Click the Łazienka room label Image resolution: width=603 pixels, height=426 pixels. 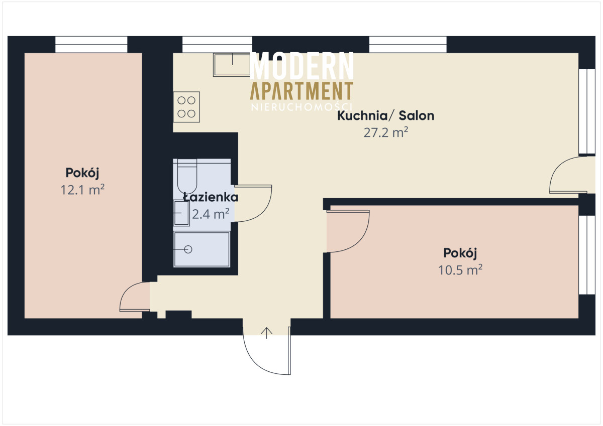point(211,197)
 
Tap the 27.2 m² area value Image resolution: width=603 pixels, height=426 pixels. point(386,132)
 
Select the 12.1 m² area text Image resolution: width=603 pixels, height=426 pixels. point(82,190)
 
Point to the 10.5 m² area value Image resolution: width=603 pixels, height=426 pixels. point(460,270)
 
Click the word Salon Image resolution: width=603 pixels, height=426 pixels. point(417,115)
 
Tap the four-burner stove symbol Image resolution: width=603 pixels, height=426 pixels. point(186,107)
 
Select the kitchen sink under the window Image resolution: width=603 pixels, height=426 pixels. point(232,65)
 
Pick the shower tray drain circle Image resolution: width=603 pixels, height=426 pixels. point(188,249)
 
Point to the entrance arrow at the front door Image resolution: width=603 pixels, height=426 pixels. point(266,333)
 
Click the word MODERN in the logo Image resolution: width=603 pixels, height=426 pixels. point(302,66)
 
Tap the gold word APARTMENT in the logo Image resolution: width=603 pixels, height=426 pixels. point(301,91)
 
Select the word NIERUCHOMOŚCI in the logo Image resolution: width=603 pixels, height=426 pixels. point(301,107)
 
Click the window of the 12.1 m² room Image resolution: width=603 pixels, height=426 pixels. point(91,45)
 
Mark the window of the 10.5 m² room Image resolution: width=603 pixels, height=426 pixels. point(587,255)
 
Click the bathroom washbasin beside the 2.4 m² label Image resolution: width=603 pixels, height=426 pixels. point(182,213)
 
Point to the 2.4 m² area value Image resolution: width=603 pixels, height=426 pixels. point(211,214)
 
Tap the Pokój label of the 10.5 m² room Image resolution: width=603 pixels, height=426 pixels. point(460,253)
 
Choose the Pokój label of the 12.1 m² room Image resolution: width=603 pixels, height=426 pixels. point(82,173)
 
